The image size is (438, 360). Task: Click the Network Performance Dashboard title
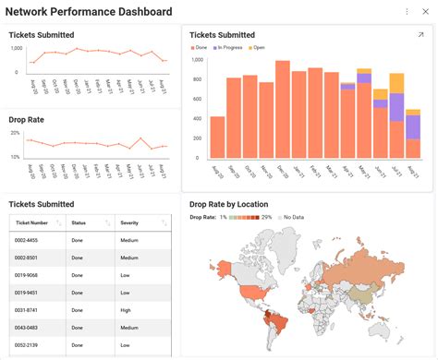coord(89,12)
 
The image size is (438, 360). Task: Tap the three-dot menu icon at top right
coord(408,12)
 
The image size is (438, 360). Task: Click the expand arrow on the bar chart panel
coord(420,35)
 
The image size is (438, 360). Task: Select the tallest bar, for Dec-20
coord(283,111)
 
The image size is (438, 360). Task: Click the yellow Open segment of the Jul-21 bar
coord(396,83)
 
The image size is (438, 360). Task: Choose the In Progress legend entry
coord(229,47)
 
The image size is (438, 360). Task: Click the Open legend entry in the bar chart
coord(257,47)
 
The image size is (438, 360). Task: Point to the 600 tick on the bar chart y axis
coord(198,100)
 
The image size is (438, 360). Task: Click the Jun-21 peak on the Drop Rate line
coord(140,139)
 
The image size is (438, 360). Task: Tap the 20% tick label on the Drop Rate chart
coord(15,133)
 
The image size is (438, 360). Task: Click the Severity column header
coord(129,222)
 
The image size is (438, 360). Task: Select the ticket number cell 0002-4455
coord(26,240)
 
